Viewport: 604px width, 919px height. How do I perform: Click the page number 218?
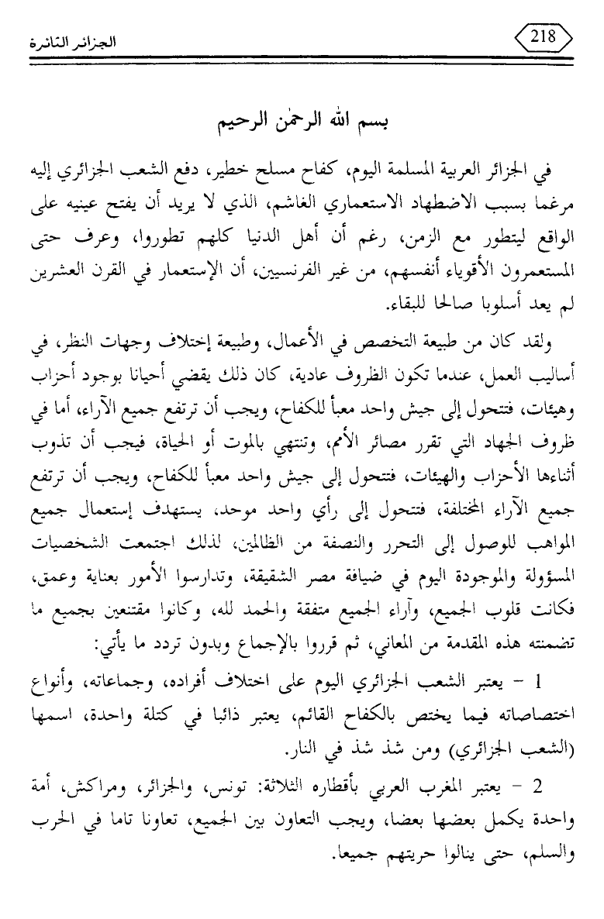click(538, 36)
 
